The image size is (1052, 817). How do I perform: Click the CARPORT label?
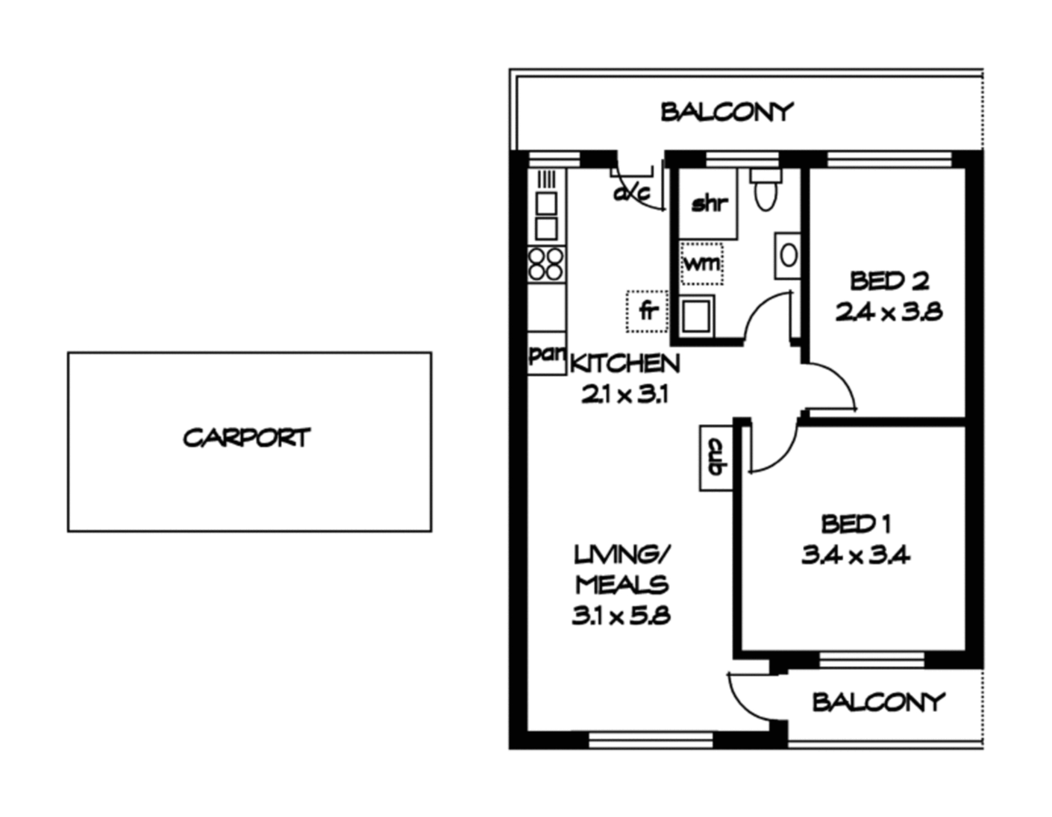coord(247,438)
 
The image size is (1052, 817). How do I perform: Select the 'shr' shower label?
coord(710,204)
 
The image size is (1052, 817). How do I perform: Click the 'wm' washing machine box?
coord(701,263)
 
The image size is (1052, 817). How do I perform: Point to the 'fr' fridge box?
coord(647,311)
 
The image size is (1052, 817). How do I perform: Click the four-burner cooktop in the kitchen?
coord(546,264)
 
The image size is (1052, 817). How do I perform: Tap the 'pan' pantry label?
coord(547,354)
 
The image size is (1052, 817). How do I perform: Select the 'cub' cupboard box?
coord(716,458)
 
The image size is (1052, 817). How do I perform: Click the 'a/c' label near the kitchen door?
coord(632,193)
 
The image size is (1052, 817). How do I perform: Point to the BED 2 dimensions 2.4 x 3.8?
coord(889,312)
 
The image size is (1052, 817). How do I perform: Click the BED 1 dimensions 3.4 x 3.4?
coord(855,556)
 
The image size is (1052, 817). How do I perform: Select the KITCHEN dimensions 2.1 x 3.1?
coord(625,394)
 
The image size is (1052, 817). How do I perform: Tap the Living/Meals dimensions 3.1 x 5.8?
coord(621,617)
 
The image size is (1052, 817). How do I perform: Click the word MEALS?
coord(622,585)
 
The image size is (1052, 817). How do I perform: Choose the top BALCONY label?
coord(727,112)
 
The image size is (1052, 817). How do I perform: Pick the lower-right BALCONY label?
coord(878,702)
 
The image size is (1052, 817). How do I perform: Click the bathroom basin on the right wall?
coord(787,256)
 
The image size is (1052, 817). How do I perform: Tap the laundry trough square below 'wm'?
coord(696,316)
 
